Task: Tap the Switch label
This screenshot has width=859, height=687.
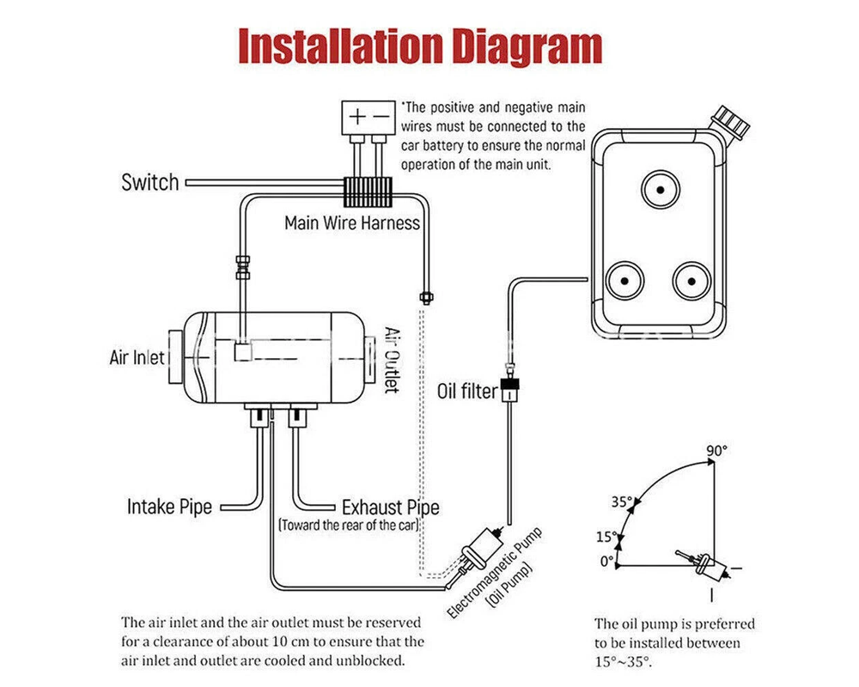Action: (150, 182)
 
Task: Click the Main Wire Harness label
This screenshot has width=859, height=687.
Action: (352, 223)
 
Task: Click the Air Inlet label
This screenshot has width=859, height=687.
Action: (137, 357)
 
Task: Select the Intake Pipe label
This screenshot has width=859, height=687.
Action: (169, 506)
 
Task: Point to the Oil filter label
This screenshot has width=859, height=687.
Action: (467, 392)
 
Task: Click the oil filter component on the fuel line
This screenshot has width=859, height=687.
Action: (509, 393)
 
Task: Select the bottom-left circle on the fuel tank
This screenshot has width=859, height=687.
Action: (625, 282)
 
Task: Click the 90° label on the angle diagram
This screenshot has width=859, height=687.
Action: (717, 450)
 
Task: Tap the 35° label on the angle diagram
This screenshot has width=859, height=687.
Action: (622, 502)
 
